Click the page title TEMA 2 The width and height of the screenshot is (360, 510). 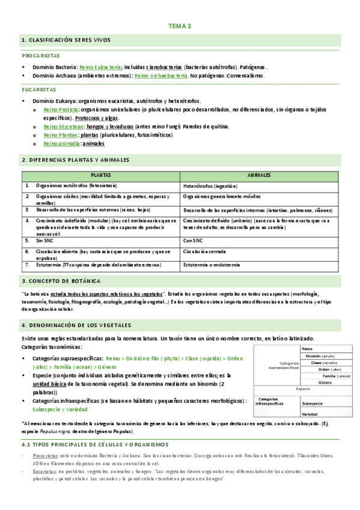coord(180,26)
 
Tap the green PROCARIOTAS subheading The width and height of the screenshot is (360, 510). coord(38,55)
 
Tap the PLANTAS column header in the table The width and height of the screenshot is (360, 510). coord(100,175)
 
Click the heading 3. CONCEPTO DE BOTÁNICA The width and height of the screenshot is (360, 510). coord(61,281)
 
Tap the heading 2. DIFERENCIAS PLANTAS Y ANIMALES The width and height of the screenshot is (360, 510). coord(75,160)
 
